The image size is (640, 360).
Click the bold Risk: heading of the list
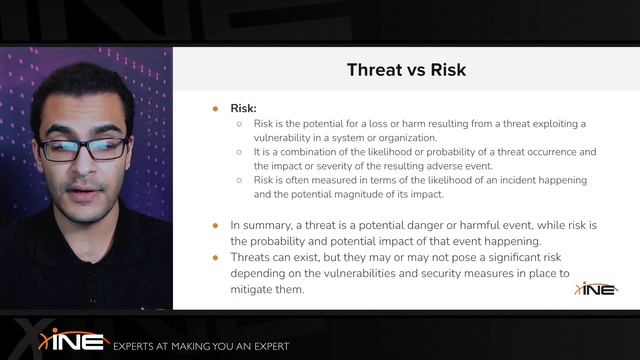(x=246, y=107)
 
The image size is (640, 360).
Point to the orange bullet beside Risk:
(x=214, y=107)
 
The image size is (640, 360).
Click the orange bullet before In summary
(x=214, y=226)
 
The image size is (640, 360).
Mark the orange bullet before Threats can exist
(x=214, y=258)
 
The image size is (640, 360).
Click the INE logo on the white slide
(x=596, y=289)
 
